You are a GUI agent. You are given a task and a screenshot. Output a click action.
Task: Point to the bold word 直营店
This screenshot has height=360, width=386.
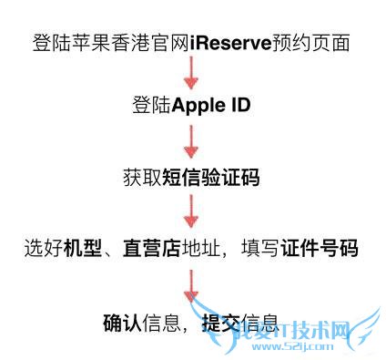click(x=151, y=248)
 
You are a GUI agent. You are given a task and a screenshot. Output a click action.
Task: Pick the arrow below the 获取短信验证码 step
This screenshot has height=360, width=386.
click(x=191, y=211)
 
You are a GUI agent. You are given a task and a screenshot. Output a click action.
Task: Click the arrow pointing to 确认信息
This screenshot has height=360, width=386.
click(x=191, y=285)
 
